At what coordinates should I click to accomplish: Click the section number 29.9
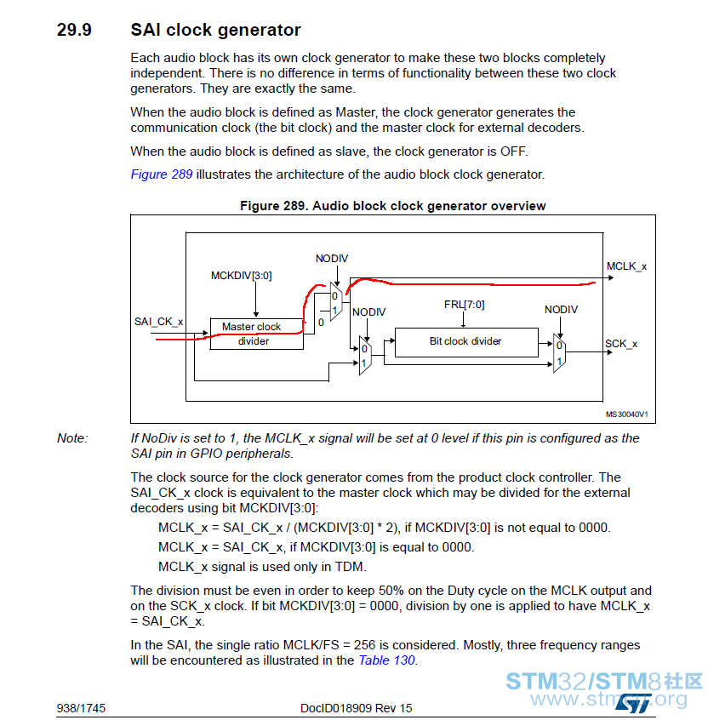pyautogui.click(x=74, y=30)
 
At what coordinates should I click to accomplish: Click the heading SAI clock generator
pyautogui.click(x=215, y=30)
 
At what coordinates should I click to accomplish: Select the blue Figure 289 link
pyautogui.click(x=162, y=174)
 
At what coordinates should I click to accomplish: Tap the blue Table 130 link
pyautogui.click(x=386, y=660)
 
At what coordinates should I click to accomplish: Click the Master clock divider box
pyautogui.click(x=257, y=334)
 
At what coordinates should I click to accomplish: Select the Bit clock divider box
pyautogui.click(x=466, y=342)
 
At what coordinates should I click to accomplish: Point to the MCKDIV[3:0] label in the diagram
pyautogui.click(x=241, y=276)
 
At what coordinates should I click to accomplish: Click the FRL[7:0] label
pyautogui.click(x=464, y=305)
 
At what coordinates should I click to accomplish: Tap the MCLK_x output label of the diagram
pyautogui.click(x=626, y=266)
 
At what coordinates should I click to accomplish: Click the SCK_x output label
pyautogui.click(x=621, y=344)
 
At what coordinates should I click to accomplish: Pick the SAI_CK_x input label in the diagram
pyautogui.click(x=158, y=322)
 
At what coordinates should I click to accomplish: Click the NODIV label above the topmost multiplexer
pyautogui.click(x=332, y=259)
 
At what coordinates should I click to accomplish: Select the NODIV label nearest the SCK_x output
pyautogui.click(x=561, y=310)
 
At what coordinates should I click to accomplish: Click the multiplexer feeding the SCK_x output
pyautogui.click(x=559, y=353)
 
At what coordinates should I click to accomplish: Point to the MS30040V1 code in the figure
pyautogui.click(x=626, y=414)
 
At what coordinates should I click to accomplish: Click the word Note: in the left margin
pyautogui.click(x=72, y=438)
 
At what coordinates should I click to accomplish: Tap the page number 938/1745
pyautogui.click(x=81, y=708)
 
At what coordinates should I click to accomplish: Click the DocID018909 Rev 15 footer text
pyautogui.click(x=356, y=708)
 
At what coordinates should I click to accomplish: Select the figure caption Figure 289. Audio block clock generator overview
pyautogui.click(x=393, y=206)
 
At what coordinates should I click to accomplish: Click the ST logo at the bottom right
pyautogui.click(x=634, y=703)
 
